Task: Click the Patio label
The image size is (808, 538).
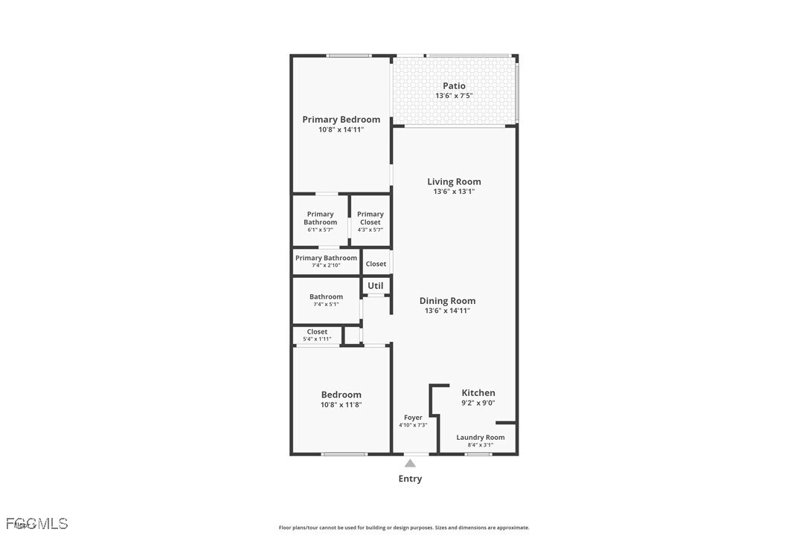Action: [454, 85]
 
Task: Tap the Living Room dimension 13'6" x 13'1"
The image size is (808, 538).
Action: [454, 192]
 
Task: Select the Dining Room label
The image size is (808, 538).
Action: [447, 301]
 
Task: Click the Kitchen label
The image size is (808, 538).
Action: [478, 393]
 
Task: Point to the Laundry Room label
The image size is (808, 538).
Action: [480, 438]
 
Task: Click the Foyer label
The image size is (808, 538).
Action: [413, 418]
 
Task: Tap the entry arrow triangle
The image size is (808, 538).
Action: [410, 463]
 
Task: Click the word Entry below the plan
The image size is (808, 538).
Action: [410, 479]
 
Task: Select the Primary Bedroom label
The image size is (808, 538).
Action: [341, 119]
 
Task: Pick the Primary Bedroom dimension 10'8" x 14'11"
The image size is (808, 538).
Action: [341, 130]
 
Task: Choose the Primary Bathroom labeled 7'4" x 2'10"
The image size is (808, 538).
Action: [326, 261]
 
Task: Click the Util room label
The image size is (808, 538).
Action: [376, 285]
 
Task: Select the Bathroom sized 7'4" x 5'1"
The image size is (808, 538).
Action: [326, 299]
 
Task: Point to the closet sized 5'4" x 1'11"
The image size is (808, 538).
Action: [317, 335]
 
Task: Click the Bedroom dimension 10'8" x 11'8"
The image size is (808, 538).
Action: [341, 405]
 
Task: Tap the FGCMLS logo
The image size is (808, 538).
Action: [36, 524]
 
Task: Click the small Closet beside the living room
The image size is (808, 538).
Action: [376, 264]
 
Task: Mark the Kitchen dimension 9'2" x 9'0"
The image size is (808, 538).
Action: [478, 403]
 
